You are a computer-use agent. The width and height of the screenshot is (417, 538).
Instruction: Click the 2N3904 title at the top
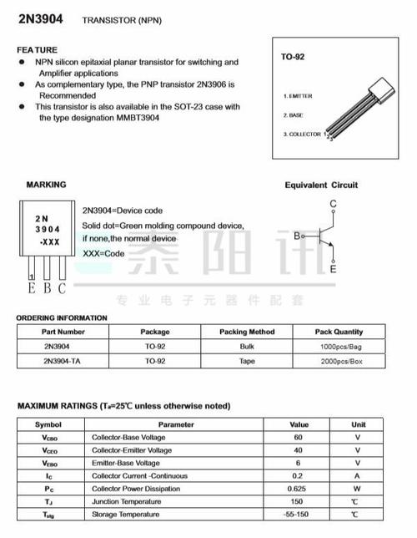coord(43,18)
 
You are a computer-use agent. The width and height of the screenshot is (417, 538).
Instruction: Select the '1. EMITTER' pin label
coord(298,96)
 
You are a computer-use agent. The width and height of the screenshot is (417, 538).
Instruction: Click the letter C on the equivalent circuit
coord(334,203)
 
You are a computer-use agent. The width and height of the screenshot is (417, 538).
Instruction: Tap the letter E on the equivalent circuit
coord(334,269)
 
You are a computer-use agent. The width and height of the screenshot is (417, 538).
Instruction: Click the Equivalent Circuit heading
coord(320,185)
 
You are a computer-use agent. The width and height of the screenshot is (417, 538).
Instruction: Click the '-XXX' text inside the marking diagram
coord(48,241)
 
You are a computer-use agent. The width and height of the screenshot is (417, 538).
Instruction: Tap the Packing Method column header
coord(247,332)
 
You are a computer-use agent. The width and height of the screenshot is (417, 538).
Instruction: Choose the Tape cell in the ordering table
coord(247,361)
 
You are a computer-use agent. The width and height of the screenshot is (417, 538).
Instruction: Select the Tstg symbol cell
coord(49,515)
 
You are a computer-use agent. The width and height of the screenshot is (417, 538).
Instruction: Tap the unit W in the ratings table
coord(357,488)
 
